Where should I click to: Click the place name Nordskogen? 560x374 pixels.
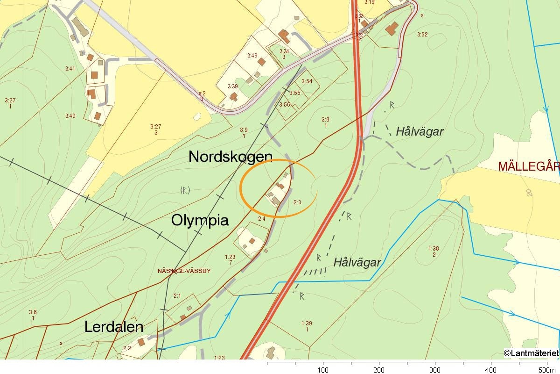[230, 157]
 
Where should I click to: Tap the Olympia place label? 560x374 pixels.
[200, 220]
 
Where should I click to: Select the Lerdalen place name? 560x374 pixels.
[113, 327]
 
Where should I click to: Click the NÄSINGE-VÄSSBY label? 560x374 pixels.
[184, 271]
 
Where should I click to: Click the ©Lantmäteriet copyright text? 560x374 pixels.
[531, 353]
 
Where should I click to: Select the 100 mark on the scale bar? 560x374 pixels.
[323, 370]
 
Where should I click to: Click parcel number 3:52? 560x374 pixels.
[422, 34]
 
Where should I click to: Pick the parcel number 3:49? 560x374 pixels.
[252, 55]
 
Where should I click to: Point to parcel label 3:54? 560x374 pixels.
[307, 81]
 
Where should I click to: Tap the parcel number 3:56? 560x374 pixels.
[284, 105]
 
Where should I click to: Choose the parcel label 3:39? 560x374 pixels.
[232, 86]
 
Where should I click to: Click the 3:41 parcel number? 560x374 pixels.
[70, 69]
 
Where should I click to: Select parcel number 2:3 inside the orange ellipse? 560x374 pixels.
[297, 202]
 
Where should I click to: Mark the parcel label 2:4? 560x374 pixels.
[261, 218]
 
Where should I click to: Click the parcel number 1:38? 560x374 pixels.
[434, 248]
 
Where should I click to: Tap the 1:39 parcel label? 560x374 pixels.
[306, 323]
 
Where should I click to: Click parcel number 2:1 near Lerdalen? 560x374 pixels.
[177, 295]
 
